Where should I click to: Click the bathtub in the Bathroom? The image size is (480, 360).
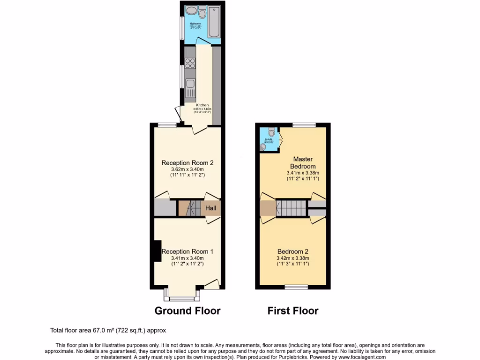[214, 22]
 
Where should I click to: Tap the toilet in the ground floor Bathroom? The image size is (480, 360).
[202, 11]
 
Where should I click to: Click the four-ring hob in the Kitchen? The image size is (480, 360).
[190, 63]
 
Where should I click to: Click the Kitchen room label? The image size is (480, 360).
[202, 105]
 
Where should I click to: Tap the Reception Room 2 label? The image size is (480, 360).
[187, 163]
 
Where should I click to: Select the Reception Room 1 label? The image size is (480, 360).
[187, 252]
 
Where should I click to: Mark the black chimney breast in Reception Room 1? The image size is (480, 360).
[157, 251]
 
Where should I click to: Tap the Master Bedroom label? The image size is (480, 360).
[302, 163]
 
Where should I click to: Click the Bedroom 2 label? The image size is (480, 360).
[293, 251]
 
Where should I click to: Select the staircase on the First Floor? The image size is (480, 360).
[291, 207]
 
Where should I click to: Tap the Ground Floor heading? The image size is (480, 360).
[187, 311]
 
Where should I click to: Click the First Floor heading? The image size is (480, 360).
[293, 311]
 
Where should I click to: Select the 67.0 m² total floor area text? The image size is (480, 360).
[108, 330]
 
